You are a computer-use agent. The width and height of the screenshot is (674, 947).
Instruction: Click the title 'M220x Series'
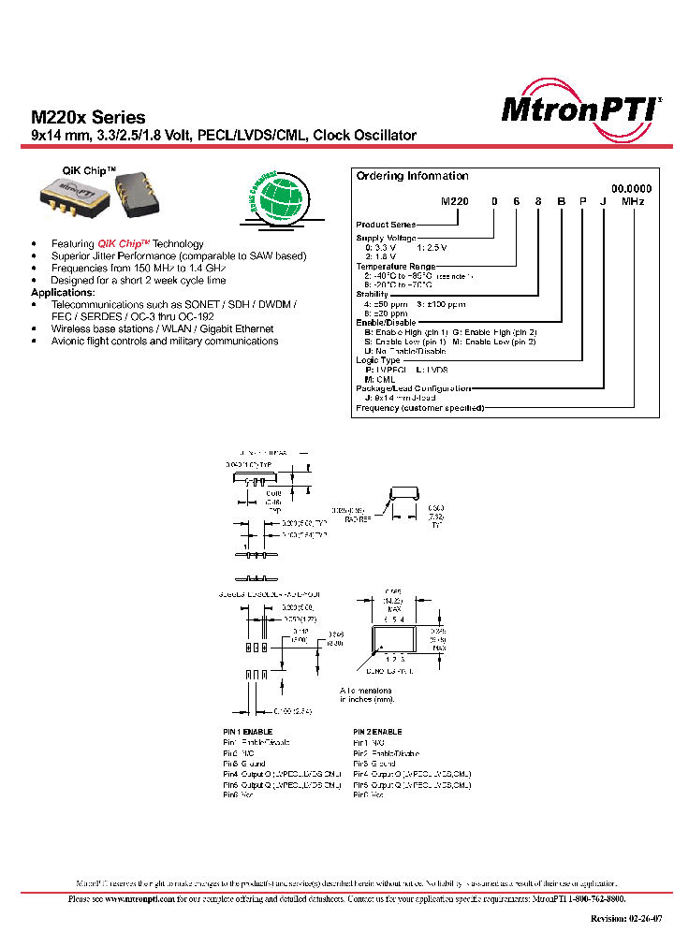(x=88, y=118)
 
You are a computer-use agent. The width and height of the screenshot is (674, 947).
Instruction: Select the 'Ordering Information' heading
(x=412, y=176)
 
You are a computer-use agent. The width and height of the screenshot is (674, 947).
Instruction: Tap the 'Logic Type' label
(x=378, y=360)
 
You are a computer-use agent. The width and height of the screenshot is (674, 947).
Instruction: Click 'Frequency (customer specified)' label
(x=419, y=408)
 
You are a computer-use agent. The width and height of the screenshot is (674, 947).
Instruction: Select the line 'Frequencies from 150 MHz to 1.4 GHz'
(x=139, y=269)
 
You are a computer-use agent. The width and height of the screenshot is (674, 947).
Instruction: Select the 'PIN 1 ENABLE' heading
(x=247, y=732)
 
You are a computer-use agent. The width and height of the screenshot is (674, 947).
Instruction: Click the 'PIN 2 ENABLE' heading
(x=377, y=732)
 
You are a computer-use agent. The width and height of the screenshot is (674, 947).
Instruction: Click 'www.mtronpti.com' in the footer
(x=134, y=899)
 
